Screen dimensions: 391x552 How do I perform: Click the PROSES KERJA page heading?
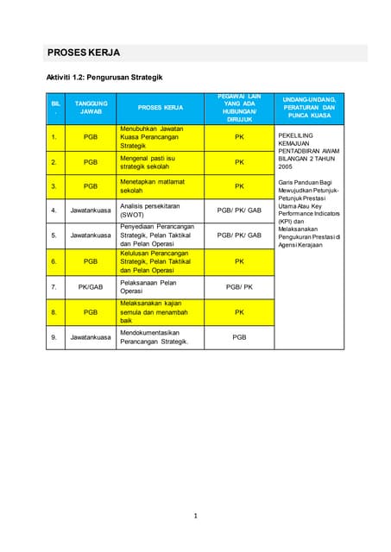click(x=84, y=53)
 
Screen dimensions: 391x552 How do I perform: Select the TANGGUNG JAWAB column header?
click(x=91, y=108)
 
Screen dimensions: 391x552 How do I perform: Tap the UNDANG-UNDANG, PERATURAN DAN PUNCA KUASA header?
click(x=308, y=107)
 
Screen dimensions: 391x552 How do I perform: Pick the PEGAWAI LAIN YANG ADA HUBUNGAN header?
click(x=239, y=108)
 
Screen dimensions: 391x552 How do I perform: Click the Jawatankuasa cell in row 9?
click(x=91, y=337)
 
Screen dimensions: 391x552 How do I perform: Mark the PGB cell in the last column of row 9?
click(x=239, y=337)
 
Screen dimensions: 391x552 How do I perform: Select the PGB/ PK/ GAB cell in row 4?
click(x=239, y=210)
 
